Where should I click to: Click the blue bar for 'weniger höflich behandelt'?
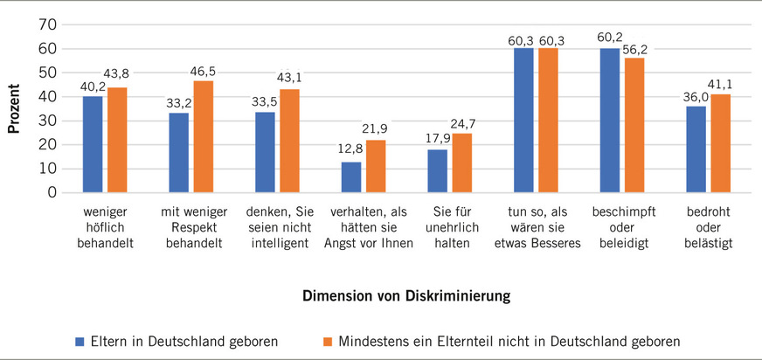(94, 144)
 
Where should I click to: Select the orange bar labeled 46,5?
(204, 136)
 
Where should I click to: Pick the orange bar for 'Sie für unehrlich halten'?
(462, 163)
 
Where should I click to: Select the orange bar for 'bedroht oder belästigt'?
(721, 143)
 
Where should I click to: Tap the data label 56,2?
(635, 49)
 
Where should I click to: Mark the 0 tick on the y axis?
(52, 192)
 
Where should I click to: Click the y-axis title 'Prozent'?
(15, 107)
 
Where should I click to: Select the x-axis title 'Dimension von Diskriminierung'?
(406, 296)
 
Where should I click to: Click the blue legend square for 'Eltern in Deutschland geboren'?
(79, 340)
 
